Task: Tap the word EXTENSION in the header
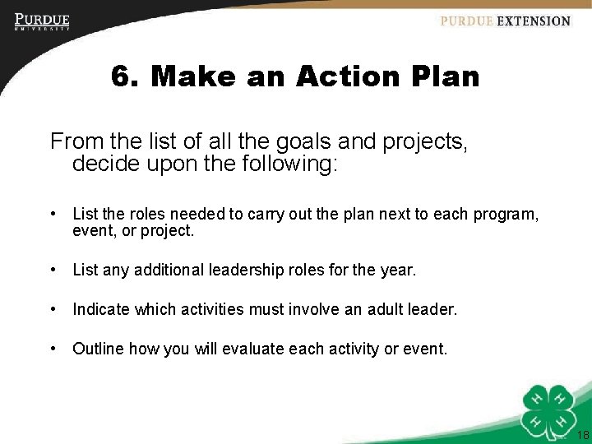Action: pos(533,21)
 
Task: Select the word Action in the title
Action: pos(346,77)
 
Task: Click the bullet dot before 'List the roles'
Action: pos(53,215)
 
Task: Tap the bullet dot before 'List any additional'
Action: pos(53,270)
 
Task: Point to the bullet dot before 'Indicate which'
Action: pos(53,309)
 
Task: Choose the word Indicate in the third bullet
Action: pos(101,309)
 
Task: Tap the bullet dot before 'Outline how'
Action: pos(53,349)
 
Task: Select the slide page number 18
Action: pos(583,435)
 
